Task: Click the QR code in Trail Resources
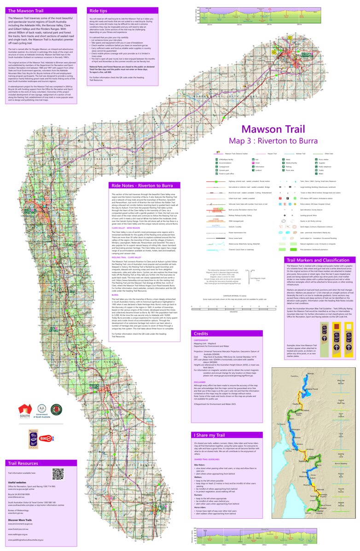[58, 474]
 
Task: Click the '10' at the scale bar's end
[275, 306]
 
